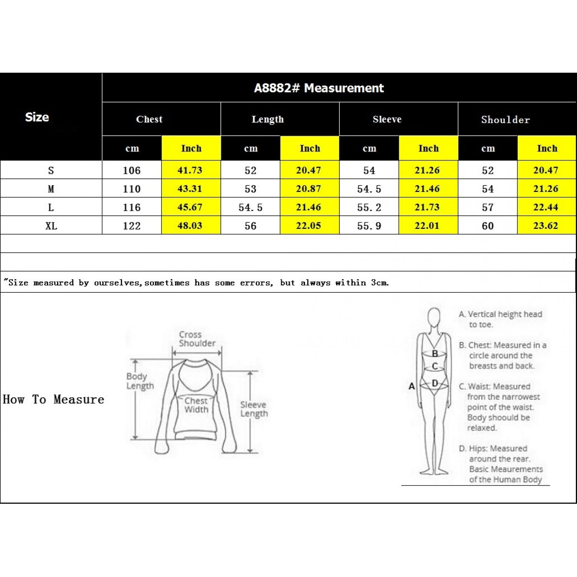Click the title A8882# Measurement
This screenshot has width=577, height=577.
tap(319, 88)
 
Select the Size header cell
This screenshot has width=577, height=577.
tap(37, 117)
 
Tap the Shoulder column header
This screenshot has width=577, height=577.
tap(505, 120)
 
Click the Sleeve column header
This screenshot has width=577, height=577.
tap(387, 119)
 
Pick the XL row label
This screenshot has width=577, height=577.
tap(51, 226)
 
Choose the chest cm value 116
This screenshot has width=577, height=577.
tap(132, 207)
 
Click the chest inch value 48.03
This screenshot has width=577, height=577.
tap(190, 225)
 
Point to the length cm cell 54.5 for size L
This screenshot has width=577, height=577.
tap(250, 207)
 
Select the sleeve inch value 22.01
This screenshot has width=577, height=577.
tap(427, 225)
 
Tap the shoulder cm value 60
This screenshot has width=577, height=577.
tap(488, 226)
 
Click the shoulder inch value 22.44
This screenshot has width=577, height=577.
tap(545, 207)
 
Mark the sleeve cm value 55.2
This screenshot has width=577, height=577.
tap(369, 207)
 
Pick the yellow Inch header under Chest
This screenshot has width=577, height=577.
tap(191, 148)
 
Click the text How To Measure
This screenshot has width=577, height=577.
tap(53, 399)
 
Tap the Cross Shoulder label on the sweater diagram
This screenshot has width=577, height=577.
tap(197, 339)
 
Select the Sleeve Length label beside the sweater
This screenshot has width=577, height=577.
tap(254, 409)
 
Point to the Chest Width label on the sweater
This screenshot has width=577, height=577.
tap(196, 405)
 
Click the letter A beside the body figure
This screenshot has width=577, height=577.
tap(412, 386)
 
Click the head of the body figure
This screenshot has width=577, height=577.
tap(434, 317)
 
